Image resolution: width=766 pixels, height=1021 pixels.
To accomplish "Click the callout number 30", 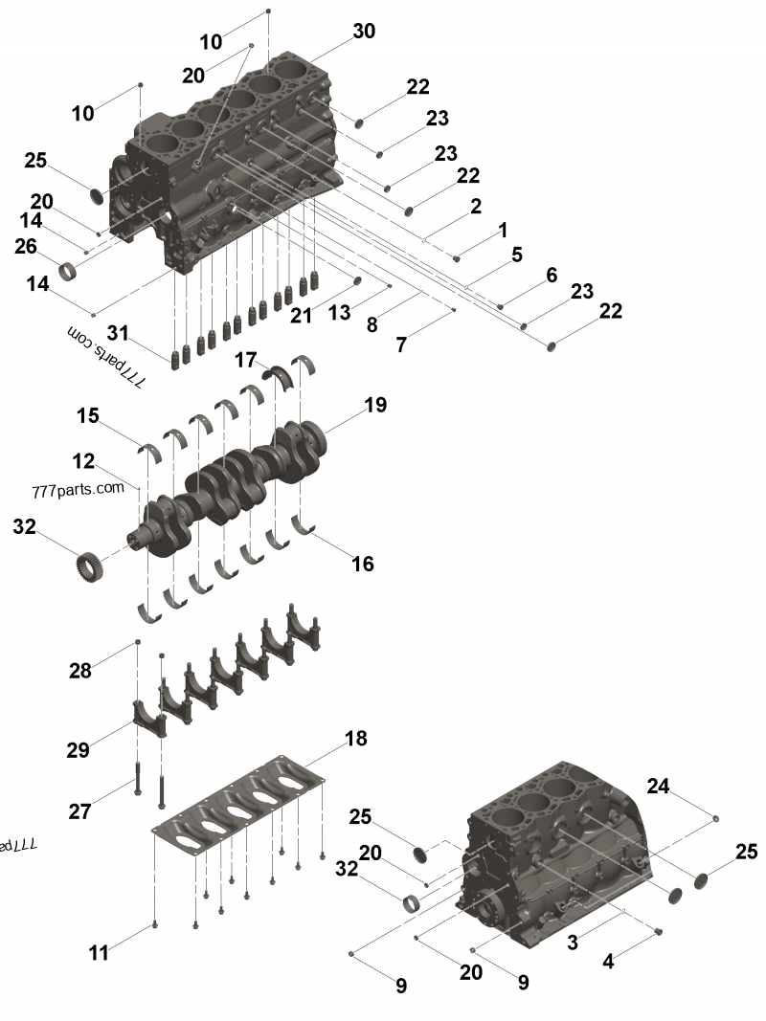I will [x=364, y=32].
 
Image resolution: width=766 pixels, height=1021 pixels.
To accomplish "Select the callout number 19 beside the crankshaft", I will [x=375, y=405].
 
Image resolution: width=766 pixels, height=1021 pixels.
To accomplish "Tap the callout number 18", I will [x=355, y=739].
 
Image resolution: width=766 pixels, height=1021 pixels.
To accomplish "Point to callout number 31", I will [x=117, y=332].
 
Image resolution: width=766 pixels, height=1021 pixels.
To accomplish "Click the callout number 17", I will [x=246, y=361].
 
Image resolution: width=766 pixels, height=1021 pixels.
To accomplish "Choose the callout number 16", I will [x=362, y=564].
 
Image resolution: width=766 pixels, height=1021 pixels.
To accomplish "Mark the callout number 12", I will [x=83, y=461].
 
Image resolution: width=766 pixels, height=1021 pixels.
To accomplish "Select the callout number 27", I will [x=79, y=811].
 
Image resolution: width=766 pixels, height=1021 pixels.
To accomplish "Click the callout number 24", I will [x=657, y=787].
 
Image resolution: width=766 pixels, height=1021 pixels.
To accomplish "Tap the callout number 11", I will [x=99, y=953].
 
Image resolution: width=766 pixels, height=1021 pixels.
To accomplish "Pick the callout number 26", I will [x=26, y=247].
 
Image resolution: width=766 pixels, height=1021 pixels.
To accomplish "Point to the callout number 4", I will [x=609, y=963].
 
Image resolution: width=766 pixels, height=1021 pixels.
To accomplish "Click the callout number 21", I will [x=303, y=315].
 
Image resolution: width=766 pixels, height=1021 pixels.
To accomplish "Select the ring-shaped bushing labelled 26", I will [x=70, y=272].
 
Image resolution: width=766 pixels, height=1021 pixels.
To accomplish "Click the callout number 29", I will [x=78, y=750].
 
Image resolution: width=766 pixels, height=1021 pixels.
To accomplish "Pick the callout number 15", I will [x=88, y=416].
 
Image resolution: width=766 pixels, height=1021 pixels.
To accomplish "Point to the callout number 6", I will [x=552, y=275].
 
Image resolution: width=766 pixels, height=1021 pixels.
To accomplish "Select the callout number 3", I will [x=573, y=942].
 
